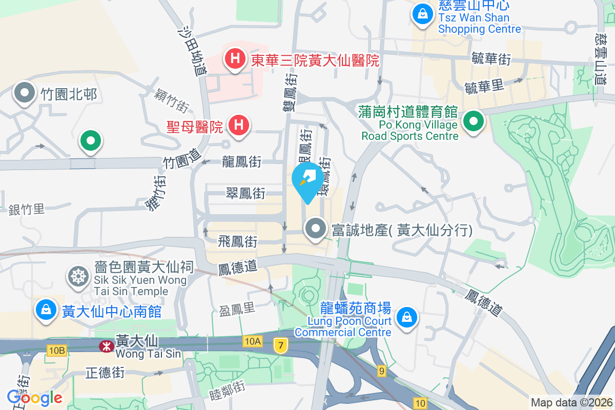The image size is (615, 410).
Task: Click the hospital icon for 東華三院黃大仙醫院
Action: click(235, 59)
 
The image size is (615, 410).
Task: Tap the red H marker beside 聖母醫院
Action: click(238, 125)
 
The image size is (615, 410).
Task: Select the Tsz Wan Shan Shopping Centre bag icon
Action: click(422, 15)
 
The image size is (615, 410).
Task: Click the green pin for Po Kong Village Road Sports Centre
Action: click(474, 122)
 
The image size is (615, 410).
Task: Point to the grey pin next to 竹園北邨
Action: click(24, 93)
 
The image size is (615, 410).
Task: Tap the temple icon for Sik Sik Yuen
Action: click(78, 276)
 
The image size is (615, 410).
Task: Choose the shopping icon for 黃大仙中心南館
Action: click(46, 310)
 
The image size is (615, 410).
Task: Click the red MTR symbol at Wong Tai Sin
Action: click(106, 346)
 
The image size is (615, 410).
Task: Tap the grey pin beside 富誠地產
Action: click(316, 229)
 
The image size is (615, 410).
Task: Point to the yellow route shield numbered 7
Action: click(279, 345)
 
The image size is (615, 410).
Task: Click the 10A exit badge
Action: click(253, 341)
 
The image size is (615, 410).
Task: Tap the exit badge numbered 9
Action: click(381, 371)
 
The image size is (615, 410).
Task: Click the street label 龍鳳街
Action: click(242, 162)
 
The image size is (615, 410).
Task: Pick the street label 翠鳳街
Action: click(246, 193)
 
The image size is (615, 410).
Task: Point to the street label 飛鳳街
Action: click(237, 240)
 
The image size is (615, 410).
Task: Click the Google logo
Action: click(34, 397)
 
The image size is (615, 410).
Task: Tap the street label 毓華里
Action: click(484, 87)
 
